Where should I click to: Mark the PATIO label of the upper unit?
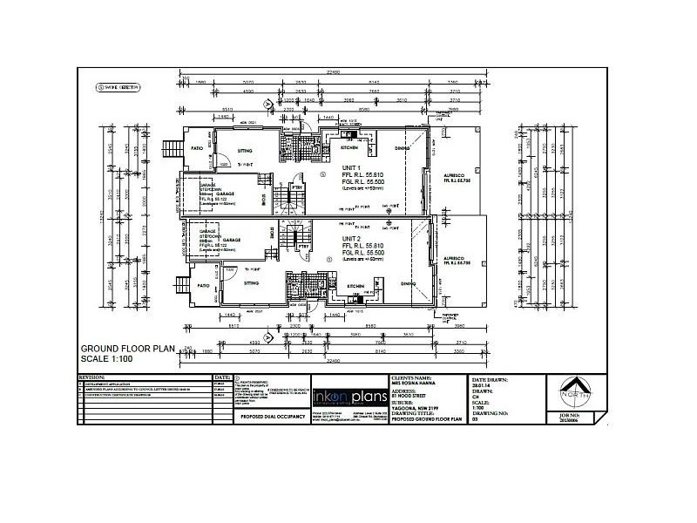pyautogui.click(x=197, y=148)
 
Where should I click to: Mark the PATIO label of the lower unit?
pyautogui.click(x=203, y=285)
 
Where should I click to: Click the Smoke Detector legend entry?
pyautogui.click(x=122, y=88)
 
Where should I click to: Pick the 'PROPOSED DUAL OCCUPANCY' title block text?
pyautogui.click(x=267, y=418)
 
